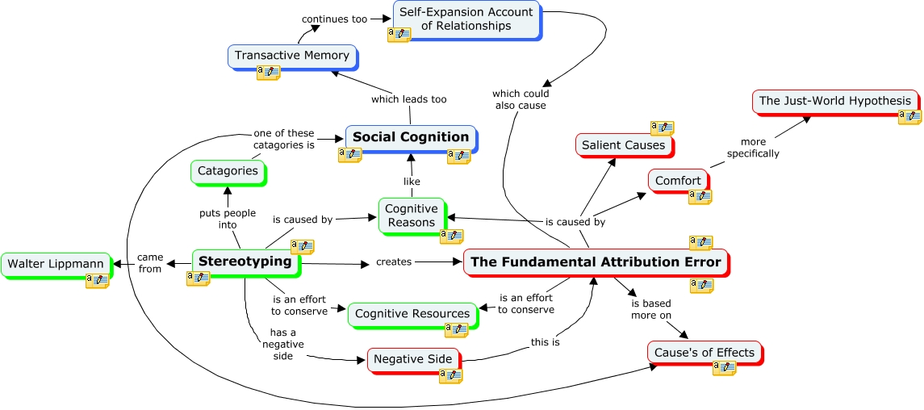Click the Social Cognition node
(x=411, y=137)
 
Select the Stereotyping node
(x=245, y=261)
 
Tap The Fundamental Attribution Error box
(x=596, y=262)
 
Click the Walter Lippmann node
(x=53, y=264)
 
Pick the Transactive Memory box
(x=291, y=56)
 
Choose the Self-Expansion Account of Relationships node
(x=466, y=19)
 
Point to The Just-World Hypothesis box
(x=834, y=101)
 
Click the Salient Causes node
(x=624, y=145)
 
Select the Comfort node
(x=678, y=180)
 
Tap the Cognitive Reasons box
(x=411, y=215)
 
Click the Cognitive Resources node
(x=412, y=313)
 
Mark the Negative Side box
(x=412, y=359)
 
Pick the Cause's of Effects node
(x=704, y=353)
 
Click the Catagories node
(x=228, y=171)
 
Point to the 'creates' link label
(x=394, y=261)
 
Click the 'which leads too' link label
(x=408, y=99)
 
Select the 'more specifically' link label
(x=753, y=148)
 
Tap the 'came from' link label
(x=150, y=262)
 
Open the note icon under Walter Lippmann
(x=97, y=280)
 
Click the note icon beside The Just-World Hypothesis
(x=909, y=117)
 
